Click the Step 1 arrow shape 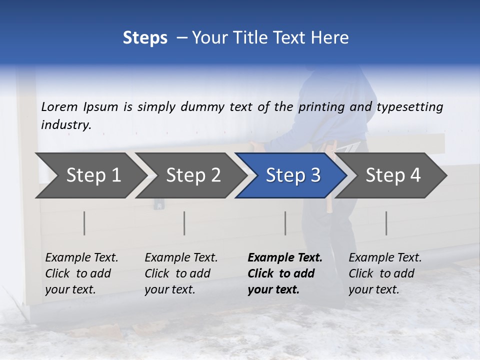pos(93,175)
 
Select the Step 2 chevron pos(193,175)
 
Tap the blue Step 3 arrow pos(293,175)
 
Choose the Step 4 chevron pos(393,175)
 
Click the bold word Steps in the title pos(145,38)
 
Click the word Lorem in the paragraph pos(59,107)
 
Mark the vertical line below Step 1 pos(84,223)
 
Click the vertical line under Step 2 pos(184,223)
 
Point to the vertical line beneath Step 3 pos(285,223)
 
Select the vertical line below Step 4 pos(386,223)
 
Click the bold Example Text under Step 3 pos(285,258)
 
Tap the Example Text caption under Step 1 pos(81,258)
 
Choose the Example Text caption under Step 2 pos(181,258)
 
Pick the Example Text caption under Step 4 pos(385,258)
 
